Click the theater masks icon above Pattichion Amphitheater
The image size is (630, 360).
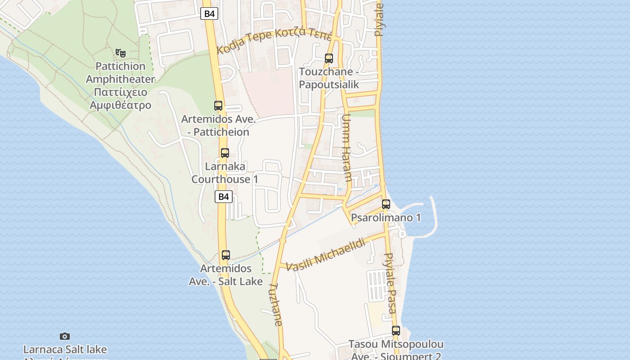pos(120,53)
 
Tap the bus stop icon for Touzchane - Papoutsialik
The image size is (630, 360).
pos(329,58)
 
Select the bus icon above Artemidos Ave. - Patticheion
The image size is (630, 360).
pos(218,106)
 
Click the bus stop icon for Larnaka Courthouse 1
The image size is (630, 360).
pos(225,153)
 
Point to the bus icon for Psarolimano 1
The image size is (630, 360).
pos(386,204)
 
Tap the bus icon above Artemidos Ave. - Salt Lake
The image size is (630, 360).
pos(226,255)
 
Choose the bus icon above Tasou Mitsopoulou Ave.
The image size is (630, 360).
pos(396,331)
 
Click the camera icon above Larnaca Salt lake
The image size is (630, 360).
pos(65,336)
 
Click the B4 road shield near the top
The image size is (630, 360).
pos(209,13)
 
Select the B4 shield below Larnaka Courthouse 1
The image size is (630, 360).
pos(224,197)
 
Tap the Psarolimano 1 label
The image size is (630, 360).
pos(386,218)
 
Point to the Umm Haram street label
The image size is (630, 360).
pos(347,148)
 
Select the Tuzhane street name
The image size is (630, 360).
pos(275,305)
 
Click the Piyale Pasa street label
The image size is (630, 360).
pos(390,283)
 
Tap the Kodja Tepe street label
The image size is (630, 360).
pos(274,40)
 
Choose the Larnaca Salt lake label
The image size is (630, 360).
pos(65,349)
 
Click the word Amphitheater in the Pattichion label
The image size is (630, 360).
pos(120,79)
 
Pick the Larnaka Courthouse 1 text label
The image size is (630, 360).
pos(225,173)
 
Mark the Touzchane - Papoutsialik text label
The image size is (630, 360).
pos(329,78)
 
